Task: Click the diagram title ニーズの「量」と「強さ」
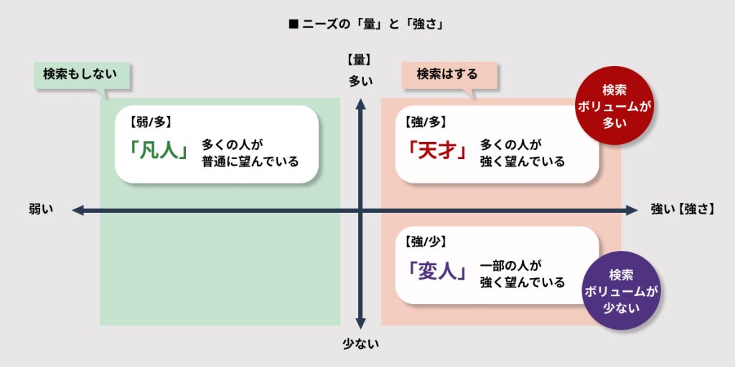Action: (x=367, y=24)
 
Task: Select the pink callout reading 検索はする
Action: (x=447, y=75)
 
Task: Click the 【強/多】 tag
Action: (x=430, y=123)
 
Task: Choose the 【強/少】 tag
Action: (x=430, y=242)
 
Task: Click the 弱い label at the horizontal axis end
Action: (x=41, y=209)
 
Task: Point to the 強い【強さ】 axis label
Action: (x=682, y=209)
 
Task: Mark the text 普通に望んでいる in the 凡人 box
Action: (x=250, y=161)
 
